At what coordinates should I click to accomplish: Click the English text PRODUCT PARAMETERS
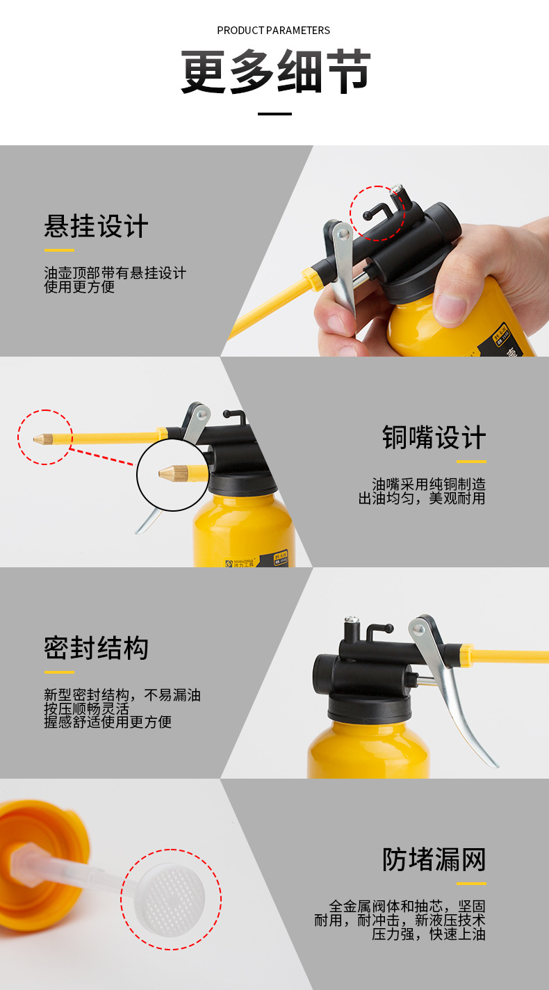(x=273, y=31)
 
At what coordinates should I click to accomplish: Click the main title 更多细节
(x=276, y=72)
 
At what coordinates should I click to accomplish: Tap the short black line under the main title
(x=274, y=113)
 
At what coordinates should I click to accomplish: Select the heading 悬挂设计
(x=96, y=227)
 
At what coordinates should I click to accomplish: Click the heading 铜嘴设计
(x=434, y=438)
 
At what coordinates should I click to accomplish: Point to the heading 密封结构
(x=96, y=648)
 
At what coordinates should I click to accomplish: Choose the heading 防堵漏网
(x=434, y=860)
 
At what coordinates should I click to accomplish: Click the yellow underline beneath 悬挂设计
(x=59, y=250)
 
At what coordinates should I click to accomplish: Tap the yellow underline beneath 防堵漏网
(x=471, y=884)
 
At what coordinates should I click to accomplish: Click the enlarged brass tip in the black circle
(x=170, y=473)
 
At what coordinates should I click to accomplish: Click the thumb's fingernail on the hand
(x=450, y=306)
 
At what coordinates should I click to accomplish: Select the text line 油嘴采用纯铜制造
(x=428, y=485)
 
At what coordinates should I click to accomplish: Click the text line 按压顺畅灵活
(x=87, y=709)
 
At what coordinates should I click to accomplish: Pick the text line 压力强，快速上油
(x=428, y=934)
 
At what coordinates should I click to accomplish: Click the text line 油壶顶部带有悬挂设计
(x=115, y=273)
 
